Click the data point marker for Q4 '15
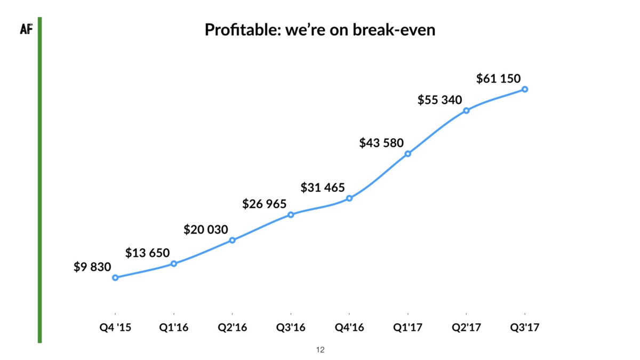[x=115, y=277]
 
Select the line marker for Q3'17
[x=525, y=89]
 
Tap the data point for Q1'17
[x=407, y=154]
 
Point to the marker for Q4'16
[x=349, y=198]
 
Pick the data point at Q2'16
[x=233, y=240]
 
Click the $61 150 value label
[x=498, y=79]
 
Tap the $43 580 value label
[x=381, y=143]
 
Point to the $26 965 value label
[x=264, y=204]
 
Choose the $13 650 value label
[x=147, y=253]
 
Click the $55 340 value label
[x=439, y=100]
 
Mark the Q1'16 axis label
[x=174, y=327]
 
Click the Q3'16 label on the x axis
[x=291, y=327]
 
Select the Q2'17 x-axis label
[x=466, y=327]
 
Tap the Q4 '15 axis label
[x=115, y=327]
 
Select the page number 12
[x=320, y=350]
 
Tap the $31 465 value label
[x=323, y=188]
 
